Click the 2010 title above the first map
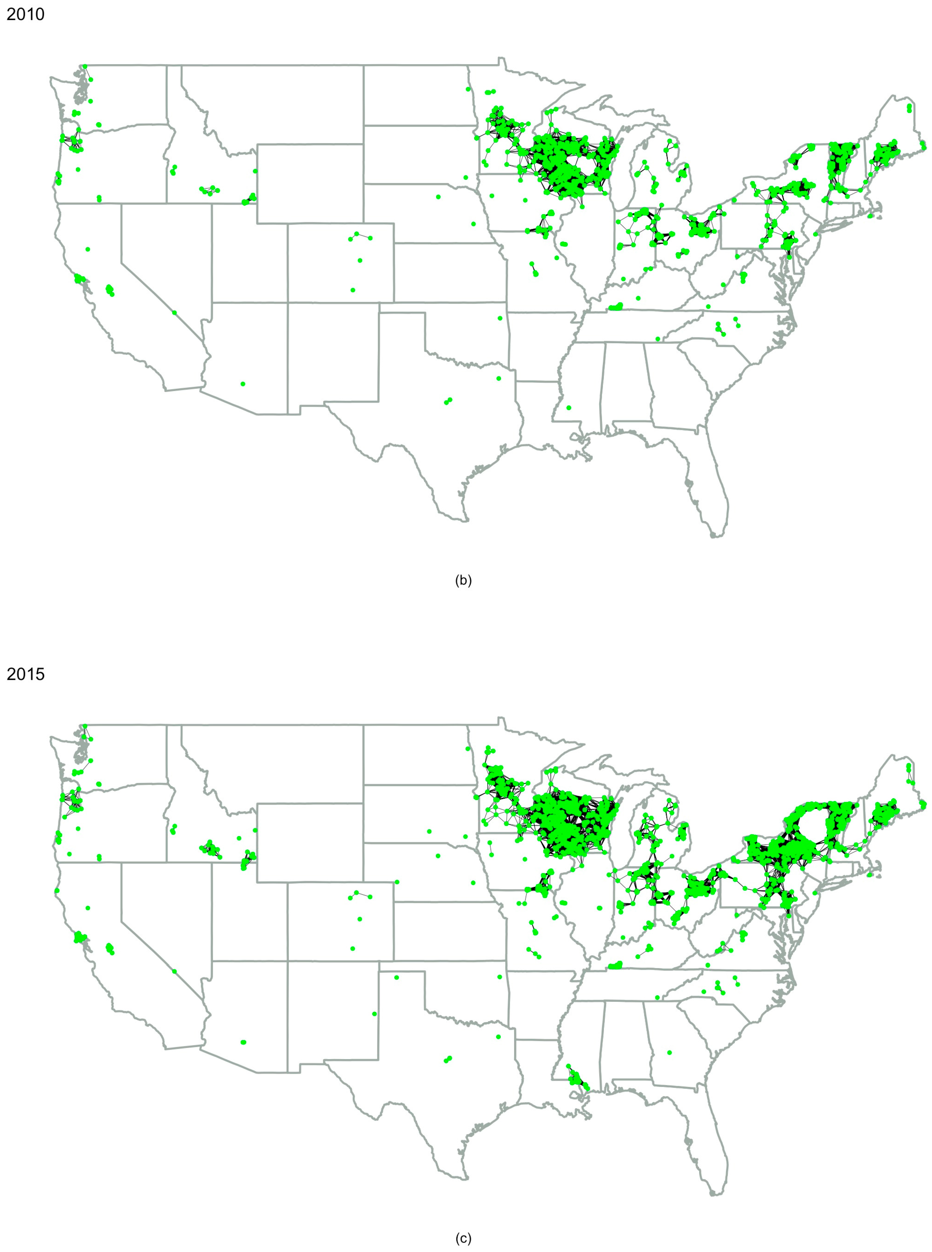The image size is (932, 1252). click(26, 14)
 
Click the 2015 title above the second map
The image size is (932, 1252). click(26, 674)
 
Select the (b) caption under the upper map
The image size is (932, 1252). click(463, 581)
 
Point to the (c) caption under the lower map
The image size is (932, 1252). click(463, 1239)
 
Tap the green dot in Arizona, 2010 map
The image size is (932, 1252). click(243, 384)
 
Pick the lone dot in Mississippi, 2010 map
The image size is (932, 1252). click(569, 407)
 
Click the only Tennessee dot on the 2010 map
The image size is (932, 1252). click(658, 339)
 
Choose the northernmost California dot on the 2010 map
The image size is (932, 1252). click(87, 249)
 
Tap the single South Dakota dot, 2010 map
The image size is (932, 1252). click(465, 177)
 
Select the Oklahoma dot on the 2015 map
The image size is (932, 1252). click(500, 977)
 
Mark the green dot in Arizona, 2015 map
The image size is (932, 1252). click(243, 1042)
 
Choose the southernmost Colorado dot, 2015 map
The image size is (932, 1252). click(353, 948)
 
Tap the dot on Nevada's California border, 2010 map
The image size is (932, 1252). click(174, 312)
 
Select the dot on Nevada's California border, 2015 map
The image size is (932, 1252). click(174, 971)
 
